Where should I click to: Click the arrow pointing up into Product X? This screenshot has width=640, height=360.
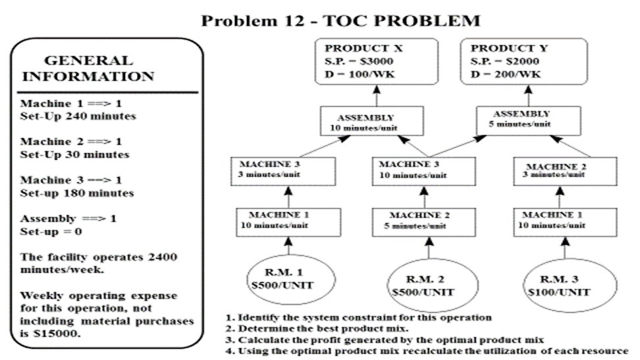pos(377,95)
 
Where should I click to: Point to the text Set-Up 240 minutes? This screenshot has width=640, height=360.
pos(78,116)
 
